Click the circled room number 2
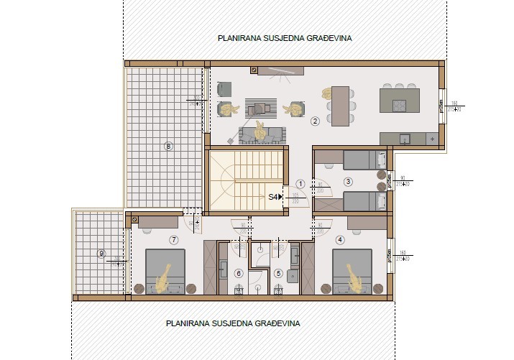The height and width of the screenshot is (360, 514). pyautogui.click(x=314, y=121)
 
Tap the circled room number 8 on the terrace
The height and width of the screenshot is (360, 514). pyautogui.click(x=168, y=147)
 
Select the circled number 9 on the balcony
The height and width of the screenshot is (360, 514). pyautogui.click(x=101, y=253)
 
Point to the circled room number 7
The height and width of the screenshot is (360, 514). pyautogui.click(x=173, y=239)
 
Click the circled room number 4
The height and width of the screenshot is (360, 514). pyautogui.click(x=340, y=239)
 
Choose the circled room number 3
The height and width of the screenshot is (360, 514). pyautogui.click(x=348, y=182)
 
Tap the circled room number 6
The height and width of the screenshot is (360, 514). pyautogui.click(x=239, y=273)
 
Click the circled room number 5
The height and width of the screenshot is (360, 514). pyautogui.click(x=278, y=273)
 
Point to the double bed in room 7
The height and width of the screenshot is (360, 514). pyautogui.click(x=165, y=271)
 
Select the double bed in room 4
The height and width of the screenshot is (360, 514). pyautogui.click(x=352, y=271)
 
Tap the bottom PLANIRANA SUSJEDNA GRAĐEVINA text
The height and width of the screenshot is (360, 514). pyautogui.click(x=232, y=324)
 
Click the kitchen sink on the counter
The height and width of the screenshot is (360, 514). pyautogui.click(x=404, y=137)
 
